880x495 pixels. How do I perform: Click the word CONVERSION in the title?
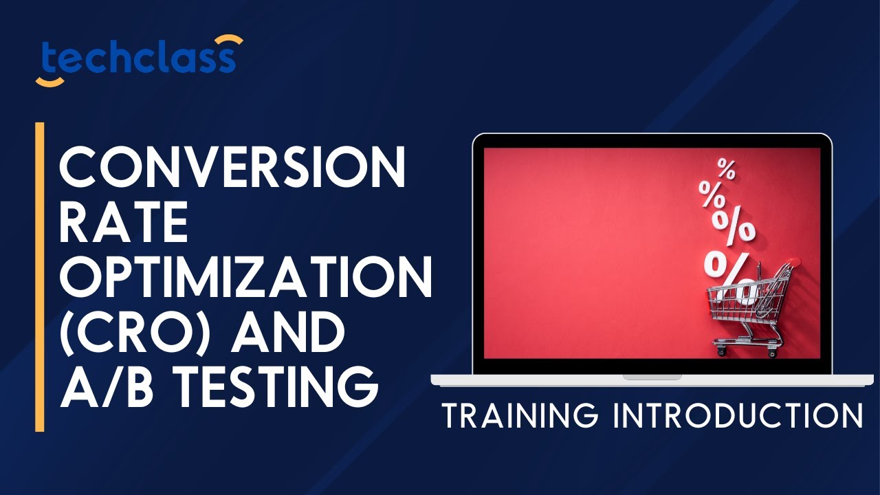[x=232, y=169]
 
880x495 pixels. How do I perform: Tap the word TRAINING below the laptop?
[x=518, y=416]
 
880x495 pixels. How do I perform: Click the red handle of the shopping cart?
[x=794, y=261]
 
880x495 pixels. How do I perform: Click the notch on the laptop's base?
[x=652, y=377]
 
